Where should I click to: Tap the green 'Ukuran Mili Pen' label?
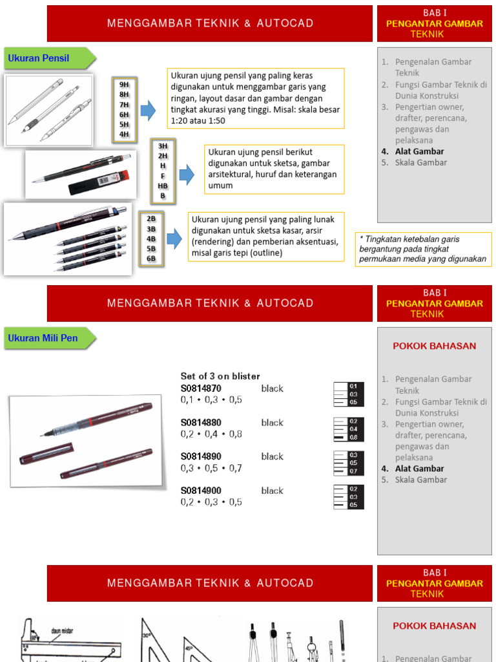pyautogui.click(x=43, y=338)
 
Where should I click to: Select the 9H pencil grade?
pyautogui.click(x=124, y=85)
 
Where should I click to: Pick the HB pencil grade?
pyautogui.click(x=163, y=186)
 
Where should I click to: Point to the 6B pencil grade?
pyautogui.click(x=151, y=259)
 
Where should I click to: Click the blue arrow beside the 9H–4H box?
pyautogui.click(x=148, y=110)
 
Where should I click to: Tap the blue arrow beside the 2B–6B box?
pyautogui.click(x=174, y=239)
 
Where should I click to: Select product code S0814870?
pyautogui.click(x=201, y=389)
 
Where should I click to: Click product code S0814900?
pyautogui.click(x=201, y=491)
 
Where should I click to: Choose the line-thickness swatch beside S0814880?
pyautogui.click(x=349, y=429)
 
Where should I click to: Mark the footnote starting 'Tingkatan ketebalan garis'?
pyautogui.click(x=423, y=249)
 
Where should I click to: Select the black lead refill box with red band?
pyautogui.click(x=99, y=183)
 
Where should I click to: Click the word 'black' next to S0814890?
pyautogui.click(x=272, y=456)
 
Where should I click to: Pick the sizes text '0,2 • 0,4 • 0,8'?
pyautogui.click(x=211, y=434)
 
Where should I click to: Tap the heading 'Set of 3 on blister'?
pyautogui.click(x=220, y=376)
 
